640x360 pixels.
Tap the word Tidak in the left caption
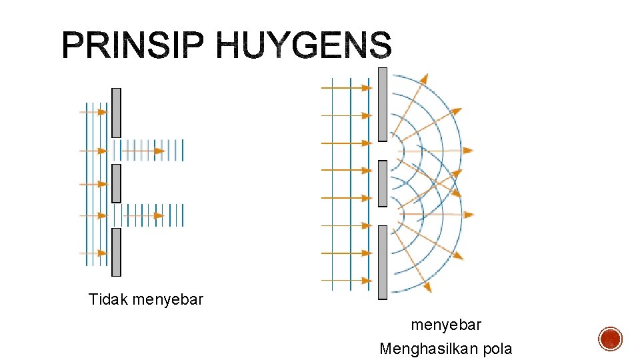[108, 300]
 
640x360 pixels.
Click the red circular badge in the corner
[611, 339]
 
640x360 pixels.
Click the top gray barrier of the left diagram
[116, 113]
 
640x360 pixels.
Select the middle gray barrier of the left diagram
[116, 183]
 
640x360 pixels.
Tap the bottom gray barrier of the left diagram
[116, 251]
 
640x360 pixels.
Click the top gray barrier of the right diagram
[383, 105]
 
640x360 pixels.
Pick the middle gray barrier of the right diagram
[383, 183]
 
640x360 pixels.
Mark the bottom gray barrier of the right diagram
[383, 262]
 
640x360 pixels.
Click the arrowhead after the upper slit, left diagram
[159, 151]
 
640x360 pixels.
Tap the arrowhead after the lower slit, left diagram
[158, 215]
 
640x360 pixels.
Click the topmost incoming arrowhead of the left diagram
[102, 112]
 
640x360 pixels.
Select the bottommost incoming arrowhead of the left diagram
[102, 253]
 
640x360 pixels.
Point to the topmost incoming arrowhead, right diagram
[366, 87]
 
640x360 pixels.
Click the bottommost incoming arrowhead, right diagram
[366, 281]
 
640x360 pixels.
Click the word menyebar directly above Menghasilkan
[446, 325]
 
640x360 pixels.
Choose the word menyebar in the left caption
[167, 300]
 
